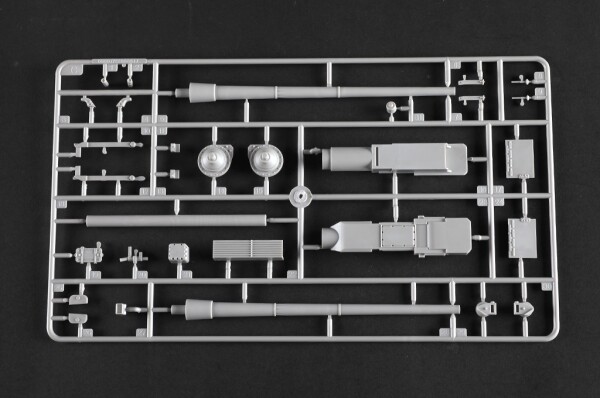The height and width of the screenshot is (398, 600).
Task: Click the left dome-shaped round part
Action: [x=214, y=161]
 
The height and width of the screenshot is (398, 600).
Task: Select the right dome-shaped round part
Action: [x=265, y=161]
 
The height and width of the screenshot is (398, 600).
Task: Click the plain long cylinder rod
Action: [x=176, y=220]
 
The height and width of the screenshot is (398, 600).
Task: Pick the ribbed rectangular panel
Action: [x=245, y=250]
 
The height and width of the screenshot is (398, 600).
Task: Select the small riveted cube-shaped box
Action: [x=179, y=253]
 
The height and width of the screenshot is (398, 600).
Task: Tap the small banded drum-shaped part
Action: [x=90, y=254]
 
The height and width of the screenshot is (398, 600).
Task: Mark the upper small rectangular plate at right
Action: [x=519, y=157]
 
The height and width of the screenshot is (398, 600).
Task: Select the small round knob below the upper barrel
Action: [x=391, y=107]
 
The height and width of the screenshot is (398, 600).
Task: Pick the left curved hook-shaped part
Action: [x=88, y=106]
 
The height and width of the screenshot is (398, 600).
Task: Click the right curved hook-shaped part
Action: [x=123, y=106]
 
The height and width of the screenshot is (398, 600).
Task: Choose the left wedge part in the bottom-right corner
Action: [x=486, y=309]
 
